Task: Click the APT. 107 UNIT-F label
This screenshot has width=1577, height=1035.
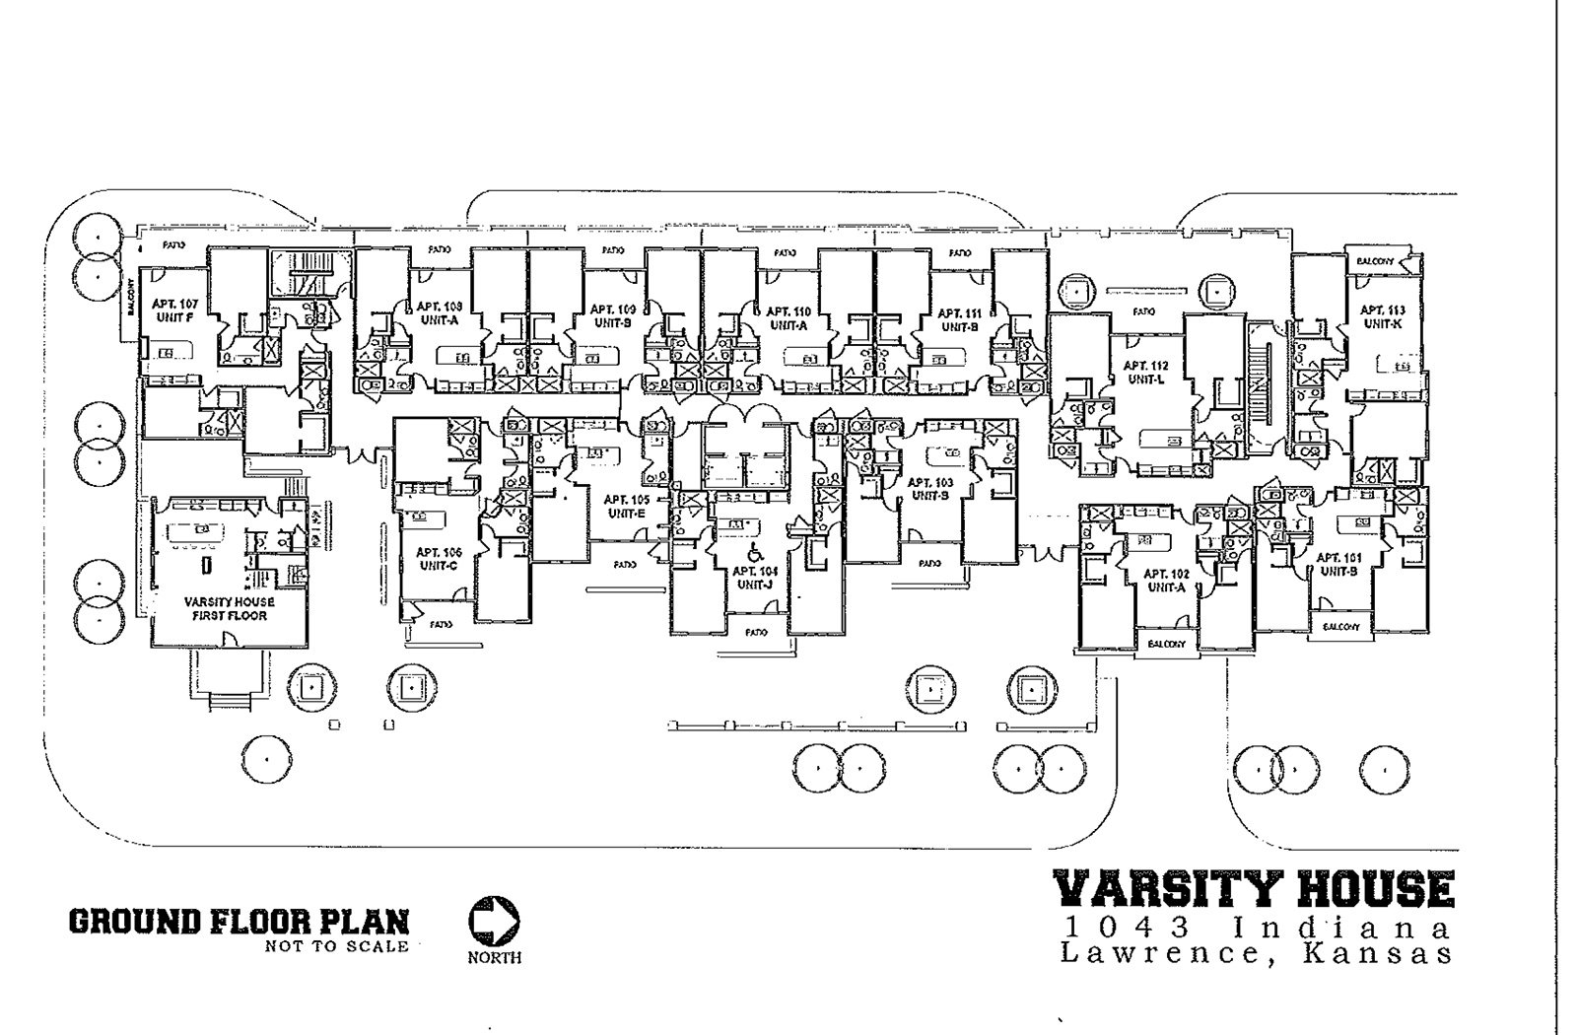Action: tap(175, 310)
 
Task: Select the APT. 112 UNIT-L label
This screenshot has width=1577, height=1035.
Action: tap(1145, 372)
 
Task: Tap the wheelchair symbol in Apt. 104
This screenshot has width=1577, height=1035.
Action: tap(756, 552)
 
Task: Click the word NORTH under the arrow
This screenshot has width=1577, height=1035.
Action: tap(496, 957)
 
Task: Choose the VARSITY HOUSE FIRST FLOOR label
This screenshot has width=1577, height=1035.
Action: tap(229, 608)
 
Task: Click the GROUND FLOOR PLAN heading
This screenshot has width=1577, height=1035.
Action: tap(239, 922)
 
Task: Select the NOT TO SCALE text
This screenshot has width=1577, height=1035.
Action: tap(336, 947)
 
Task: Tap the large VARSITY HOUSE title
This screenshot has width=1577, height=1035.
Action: tap(1254, 888)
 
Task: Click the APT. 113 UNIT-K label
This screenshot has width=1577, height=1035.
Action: tap(1383, 315)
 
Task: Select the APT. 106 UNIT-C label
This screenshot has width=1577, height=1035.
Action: tap(439, 558)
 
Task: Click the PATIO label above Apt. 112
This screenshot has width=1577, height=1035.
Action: tap(1143, 311)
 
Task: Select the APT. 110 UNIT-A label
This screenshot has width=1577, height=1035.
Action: tap(788, 316)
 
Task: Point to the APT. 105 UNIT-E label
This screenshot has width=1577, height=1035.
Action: tap(626, 506)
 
